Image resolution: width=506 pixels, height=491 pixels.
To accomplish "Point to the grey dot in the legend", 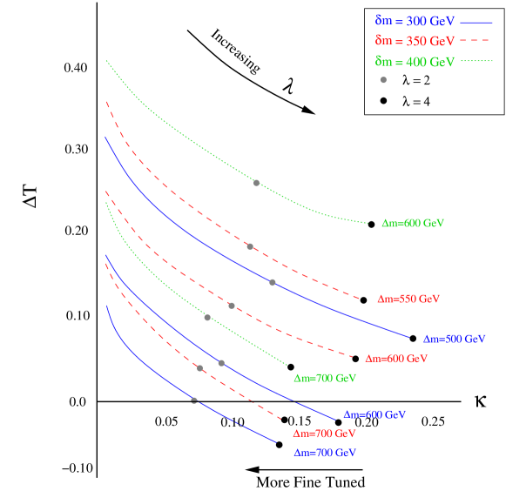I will tap(383, 80).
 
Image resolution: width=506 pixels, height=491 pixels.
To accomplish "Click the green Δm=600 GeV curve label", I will tap(413, 224).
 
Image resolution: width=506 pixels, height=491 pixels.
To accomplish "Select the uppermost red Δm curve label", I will tap(408, 299).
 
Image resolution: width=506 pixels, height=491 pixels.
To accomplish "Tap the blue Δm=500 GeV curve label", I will tap(454, 339).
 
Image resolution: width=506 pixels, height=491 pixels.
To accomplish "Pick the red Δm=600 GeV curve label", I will tap(396, 359).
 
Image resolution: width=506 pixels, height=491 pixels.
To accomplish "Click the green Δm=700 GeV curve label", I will tap(325, 379).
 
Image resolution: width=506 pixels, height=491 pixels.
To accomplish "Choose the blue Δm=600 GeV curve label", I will tap(374, 415).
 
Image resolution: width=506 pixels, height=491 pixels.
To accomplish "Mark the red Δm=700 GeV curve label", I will tap(324, 434).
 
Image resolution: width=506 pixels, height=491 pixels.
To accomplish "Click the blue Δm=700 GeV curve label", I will tap(325, 454).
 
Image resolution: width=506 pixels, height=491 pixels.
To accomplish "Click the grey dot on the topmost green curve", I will tap(256, 183).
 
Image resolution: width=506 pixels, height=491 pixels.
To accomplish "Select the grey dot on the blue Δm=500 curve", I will tap(273, 282).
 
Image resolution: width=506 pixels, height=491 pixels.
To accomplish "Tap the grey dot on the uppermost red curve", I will tap(250, 246).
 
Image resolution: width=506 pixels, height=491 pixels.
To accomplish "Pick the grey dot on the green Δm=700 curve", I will tap(207, 317).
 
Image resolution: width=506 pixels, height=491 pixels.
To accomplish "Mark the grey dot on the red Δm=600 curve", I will tap(232, 306).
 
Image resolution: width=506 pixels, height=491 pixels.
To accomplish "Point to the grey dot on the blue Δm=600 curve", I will tap(221, 363).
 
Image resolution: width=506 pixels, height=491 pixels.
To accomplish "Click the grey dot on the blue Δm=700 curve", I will tap(194, 400).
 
